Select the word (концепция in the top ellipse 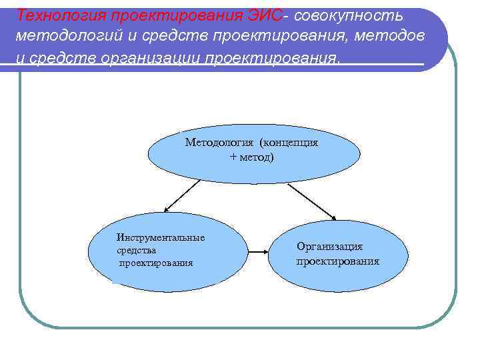click(x=289, y=143)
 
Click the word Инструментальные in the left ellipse click(x=161, y=237)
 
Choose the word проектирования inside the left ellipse click(x=156, y=263)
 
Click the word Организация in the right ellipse click(x=330, y=247)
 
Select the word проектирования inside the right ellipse click(x=338, y=261)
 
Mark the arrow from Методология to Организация click(x=312, y=200)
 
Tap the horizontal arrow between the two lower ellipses click(x=258, y=253)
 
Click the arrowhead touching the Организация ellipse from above click(x=333, y=217)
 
